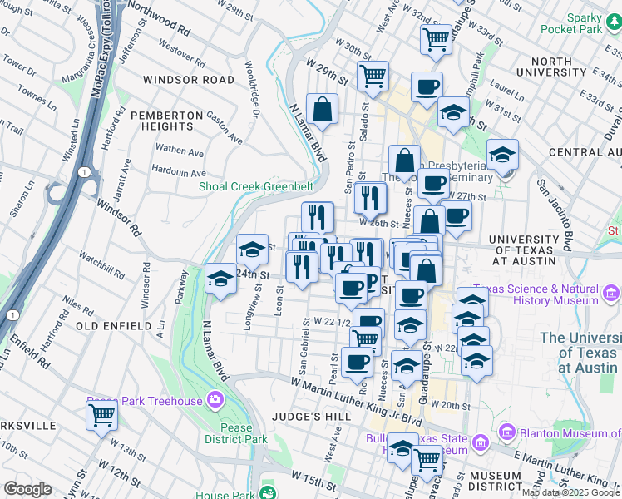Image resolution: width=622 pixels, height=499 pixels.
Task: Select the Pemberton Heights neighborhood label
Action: tap(167, 120)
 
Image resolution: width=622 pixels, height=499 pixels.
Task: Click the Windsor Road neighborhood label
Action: tap(189, 80)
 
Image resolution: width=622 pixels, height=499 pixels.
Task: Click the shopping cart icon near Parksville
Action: tap(101, 415)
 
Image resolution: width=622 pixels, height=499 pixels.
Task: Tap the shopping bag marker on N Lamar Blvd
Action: tap(322, 108)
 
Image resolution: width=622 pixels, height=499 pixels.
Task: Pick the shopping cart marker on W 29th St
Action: tap(373, 76)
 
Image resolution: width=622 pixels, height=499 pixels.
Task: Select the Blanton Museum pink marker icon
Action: tap(508, 432)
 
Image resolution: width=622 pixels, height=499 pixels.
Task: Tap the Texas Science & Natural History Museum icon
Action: tap(613, 293)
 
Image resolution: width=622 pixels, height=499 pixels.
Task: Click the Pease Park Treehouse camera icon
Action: tap(216, 402)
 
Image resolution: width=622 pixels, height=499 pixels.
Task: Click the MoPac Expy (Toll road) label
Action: tap(106, 50)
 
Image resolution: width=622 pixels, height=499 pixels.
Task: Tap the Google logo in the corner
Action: tap(29, 489)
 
